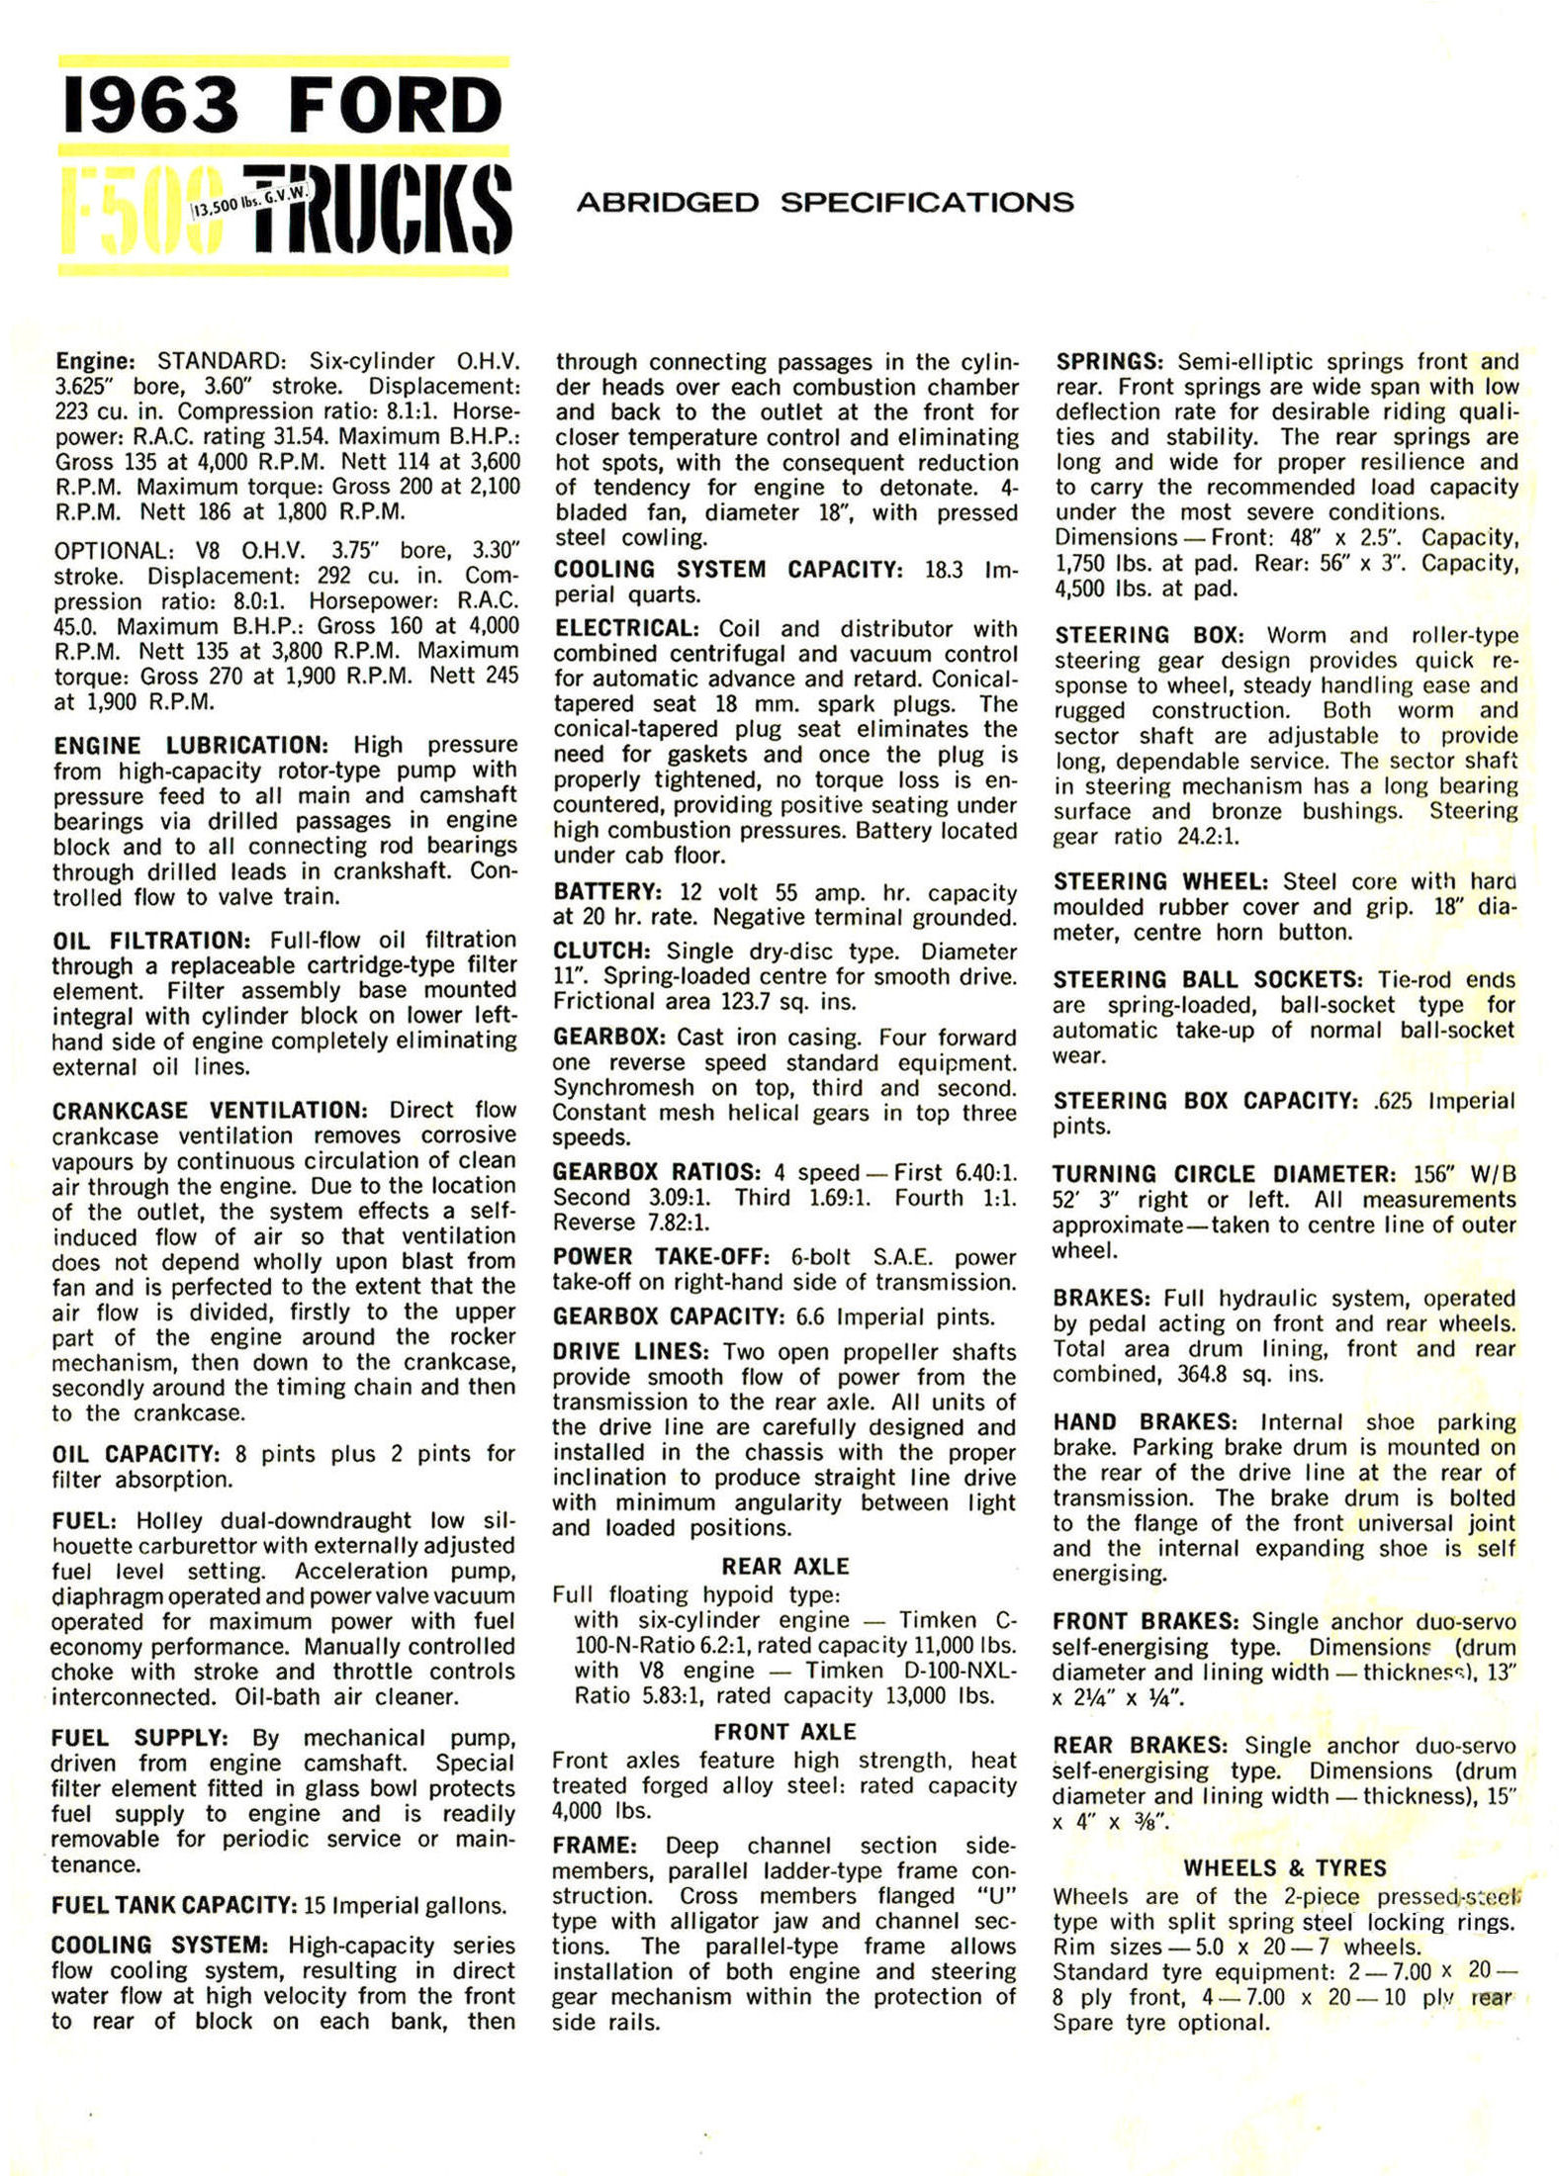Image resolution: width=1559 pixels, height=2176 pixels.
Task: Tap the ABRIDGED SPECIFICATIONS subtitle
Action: [824, 203]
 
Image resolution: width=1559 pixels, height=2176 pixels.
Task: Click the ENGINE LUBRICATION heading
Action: [189, 745]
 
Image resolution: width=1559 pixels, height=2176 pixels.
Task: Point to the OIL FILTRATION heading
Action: [147, 940]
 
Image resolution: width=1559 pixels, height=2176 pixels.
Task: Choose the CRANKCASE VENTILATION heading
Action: [210, 1110]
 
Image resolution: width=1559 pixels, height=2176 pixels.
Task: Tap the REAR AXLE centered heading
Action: [785, 1566]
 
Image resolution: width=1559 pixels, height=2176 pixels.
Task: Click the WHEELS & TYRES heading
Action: [1285, 1867]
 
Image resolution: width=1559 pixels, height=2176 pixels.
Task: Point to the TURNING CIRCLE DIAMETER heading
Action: [1223, 1174]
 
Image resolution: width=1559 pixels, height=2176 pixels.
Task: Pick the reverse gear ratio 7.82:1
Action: [682, 1223]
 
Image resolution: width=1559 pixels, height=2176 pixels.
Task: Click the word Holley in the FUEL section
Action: [169, 1520]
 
